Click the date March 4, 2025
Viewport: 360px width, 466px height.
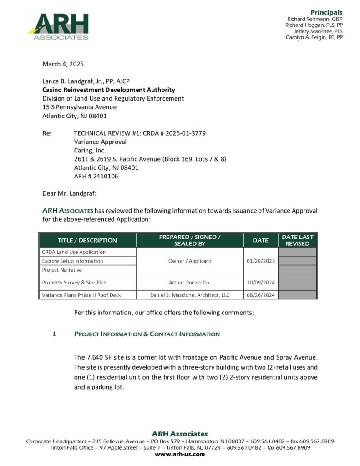pyautogui.click(x=63, y=64)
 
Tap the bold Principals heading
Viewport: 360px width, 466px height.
pyautogui.click(x=326, y=12)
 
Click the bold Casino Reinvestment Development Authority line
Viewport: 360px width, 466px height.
pyautogui.click(x=108, y=90)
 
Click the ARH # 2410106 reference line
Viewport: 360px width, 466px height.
pyautogui.click(x=96, y=176)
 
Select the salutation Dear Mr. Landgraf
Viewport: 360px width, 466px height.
pyautogui.click(x=69, y=193)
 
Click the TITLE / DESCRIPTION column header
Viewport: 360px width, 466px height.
pyautogui.click(x=87, y=240)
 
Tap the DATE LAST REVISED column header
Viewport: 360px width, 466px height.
pyautogui.click(x=298, y=240)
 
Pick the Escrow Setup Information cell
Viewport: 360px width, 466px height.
pyautogui.click(x=72, y=261)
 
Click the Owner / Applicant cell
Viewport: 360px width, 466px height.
pyautogui.click(x=190, y=261)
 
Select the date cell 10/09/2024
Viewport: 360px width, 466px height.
pyautogui.click(x=260, y=283)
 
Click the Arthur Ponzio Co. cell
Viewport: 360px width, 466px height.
pyautogui.click(x=190, y=283)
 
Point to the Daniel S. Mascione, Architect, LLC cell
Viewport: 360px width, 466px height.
pyautogui.click(x=190, y=295)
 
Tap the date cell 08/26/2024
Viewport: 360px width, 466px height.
pyautogui.click(x=260, y=295)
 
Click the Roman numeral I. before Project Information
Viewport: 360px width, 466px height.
pyautogui.click(x=55, y=334)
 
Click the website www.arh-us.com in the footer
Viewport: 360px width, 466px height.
pyautogui.click(x=180, y=454)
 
